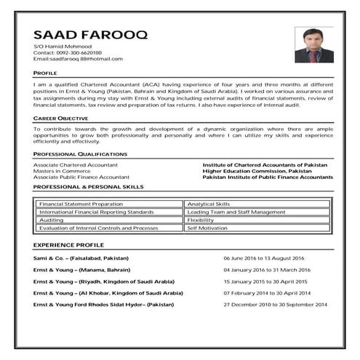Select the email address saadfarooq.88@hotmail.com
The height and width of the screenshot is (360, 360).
pyautogui.click(x=78, y=58)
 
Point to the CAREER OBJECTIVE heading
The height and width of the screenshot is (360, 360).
pyautogui.click(x=61, y=118)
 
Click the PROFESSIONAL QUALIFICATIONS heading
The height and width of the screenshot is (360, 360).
pyautogui.click(x=80, y=154)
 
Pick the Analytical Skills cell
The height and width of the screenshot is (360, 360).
pyautogui.click(x=208, y=204)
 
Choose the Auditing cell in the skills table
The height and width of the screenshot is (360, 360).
pyautogui.click(x=52, y=220)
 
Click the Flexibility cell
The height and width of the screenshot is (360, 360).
pyautogui.click(x=201, y=220)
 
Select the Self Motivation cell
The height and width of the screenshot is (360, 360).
pyautogui.click(x=207, y=228)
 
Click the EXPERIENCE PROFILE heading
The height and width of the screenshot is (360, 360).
pyautogui.click(x=69, y=247)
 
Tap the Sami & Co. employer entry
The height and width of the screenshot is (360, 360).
pyautogui.click(x=81, y=258)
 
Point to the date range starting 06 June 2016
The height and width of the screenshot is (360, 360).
pyautogui.click(x=263, y=258)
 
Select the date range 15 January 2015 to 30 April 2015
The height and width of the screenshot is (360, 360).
pyautogui.click(x=265, y=281)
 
